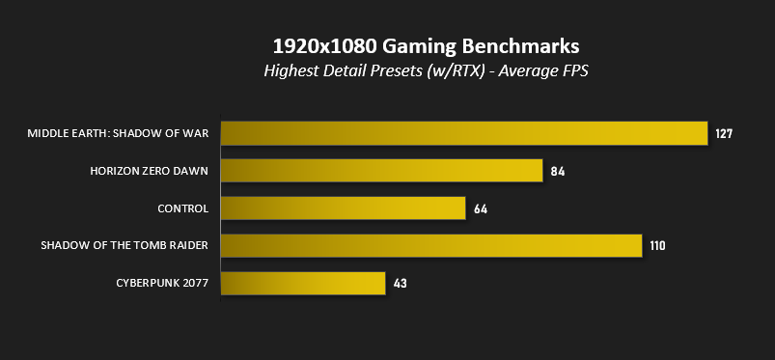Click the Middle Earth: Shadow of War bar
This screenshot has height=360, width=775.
(464, 133)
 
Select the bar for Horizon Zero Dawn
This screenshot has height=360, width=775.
(381, 171)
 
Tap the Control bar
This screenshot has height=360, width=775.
(343, 208)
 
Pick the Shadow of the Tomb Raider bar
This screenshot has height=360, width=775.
(431, 246)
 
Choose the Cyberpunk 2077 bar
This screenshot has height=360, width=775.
(303, 284)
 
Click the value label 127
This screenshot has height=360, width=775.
(724, 133)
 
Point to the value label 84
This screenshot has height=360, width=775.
(557, 172)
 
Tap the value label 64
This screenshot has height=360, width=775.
(481, 209)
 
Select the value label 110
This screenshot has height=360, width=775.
(657, 246)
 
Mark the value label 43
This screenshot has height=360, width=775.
(400, 284)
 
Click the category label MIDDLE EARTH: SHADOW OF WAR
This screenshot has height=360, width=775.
(118, 133)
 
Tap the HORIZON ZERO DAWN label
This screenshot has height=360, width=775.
(149, 171)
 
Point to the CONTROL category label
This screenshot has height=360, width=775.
(182, 208)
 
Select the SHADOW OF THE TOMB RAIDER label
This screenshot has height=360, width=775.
(125, 245)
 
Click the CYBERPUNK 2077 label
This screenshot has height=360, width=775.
(162, 283)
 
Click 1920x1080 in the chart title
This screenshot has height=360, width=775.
(324, 46)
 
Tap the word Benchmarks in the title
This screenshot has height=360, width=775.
(520, 46)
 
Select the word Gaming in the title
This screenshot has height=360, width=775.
(419, 47)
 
